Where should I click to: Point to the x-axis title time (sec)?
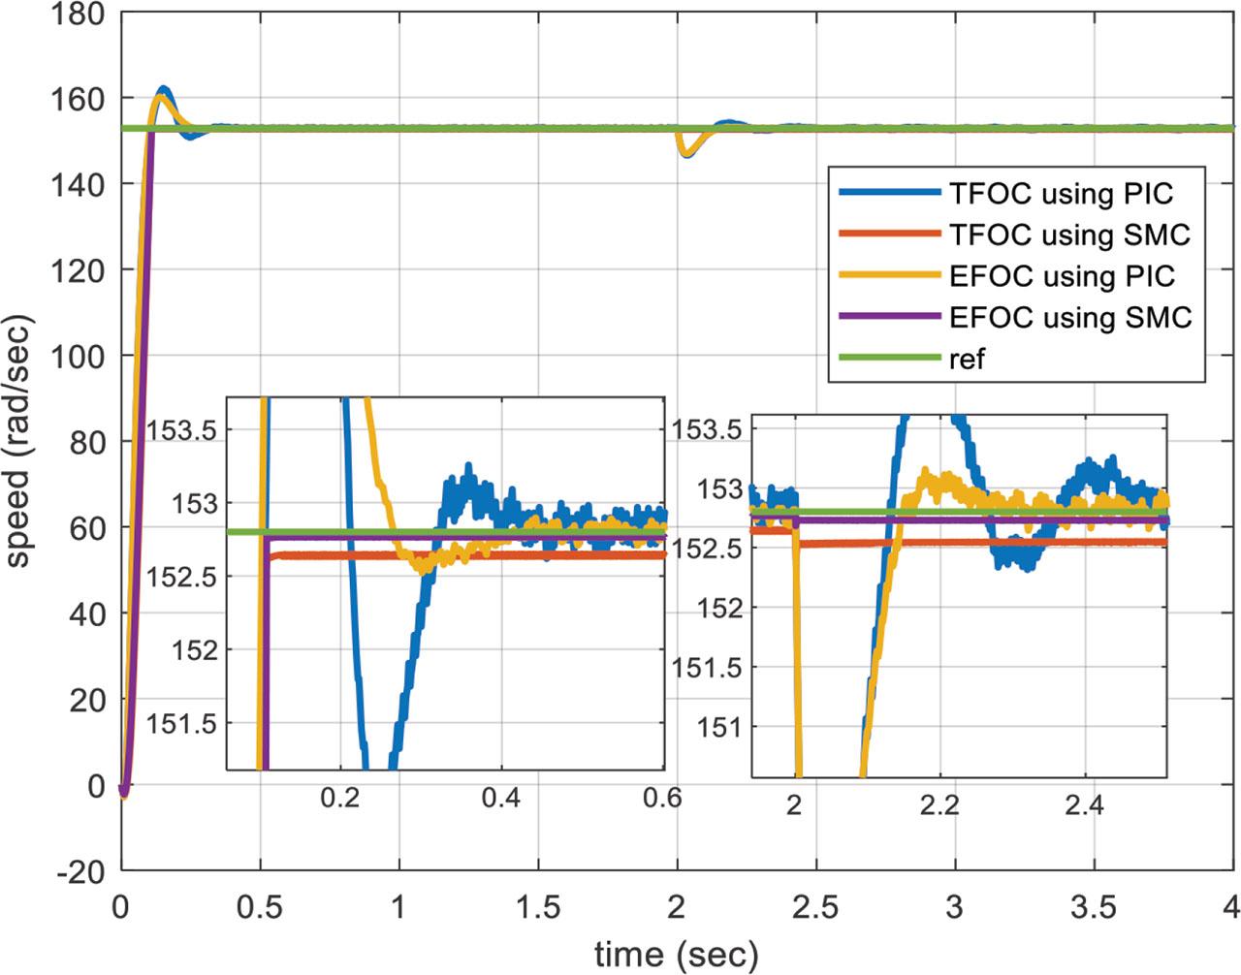click(676, 954)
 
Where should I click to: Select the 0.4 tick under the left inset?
click(500, 798)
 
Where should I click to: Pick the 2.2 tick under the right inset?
click(939, 806)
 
